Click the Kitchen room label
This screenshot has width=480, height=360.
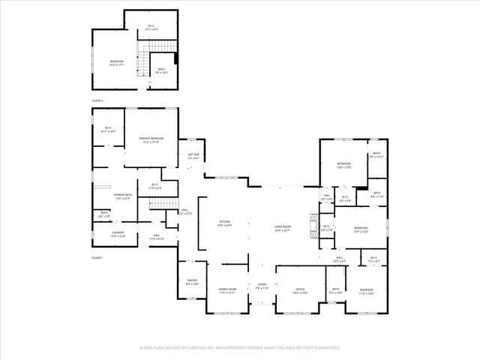[x=224, y=223]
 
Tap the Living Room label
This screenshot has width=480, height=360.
[x=281, y=227]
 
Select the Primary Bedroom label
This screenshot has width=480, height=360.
[x=151, y=140]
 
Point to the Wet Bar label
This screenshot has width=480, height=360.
[x=193, y=156]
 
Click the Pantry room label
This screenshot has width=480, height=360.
[x=192, y=282]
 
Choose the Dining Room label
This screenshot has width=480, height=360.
[x=227, y=290]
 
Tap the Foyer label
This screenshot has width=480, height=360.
[x=262, y=286]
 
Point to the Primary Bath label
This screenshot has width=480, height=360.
[x=123, y=196]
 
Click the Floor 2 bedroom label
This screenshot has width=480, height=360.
[x=117, y=63]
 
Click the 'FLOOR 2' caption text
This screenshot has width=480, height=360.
[x=97, y=100]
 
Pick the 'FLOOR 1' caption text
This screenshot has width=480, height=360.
[x=97, y=257]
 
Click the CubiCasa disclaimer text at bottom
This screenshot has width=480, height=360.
[x=240, y=348]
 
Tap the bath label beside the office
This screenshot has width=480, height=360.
[x=336, y=290]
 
